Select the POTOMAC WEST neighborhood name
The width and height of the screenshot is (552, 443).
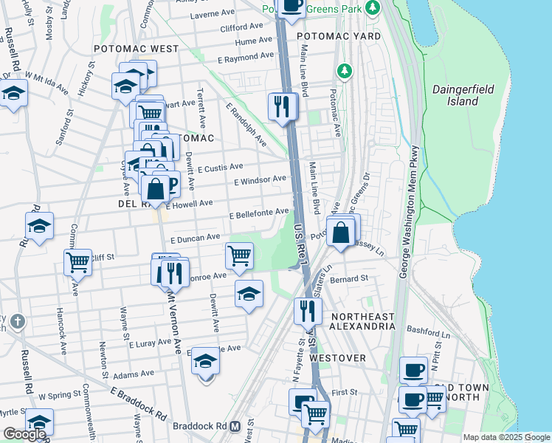tap(136, 49)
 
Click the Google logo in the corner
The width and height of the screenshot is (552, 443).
tap(24, 434)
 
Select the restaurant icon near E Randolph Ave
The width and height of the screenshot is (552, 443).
tap(283, 107)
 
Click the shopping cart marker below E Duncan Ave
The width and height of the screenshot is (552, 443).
tap(239, 255)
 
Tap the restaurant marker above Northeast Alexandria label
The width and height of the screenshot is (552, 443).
tap(308, 311)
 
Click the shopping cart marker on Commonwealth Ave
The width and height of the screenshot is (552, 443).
tap(77, 261)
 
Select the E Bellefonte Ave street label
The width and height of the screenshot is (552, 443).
tap(258, 213)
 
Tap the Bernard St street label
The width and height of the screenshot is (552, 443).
tap(349, 279)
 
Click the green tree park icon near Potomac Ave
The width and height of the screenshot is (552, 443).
tap(343, 71)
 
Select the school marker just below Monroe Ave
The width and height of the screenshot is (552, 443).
tap(249, 294)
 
